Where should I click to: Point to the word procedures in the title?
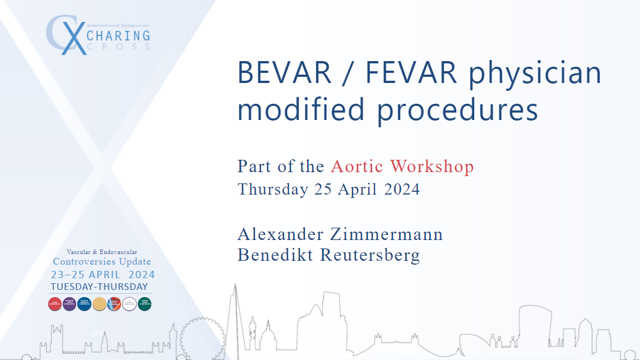coord(457,110)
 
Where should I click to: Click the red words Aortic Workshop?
coord(402,167)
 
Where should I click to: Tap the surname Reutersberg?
coord(370,255)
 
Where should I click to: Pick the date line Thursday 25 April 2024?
coord(328,190)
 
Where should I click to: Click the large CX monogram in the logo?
coord(66,35)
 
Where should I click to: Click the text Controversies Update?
coord(101,262)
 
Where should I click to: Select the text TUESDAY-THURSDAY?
coord(99,287)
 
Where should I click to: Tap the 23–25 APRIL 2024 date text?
coord(103,275)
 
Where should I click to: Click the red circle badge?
coord(55,303)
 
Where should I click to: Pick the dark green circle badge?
coord(145,303)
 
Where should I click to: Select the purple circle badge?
coord(70,303)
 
